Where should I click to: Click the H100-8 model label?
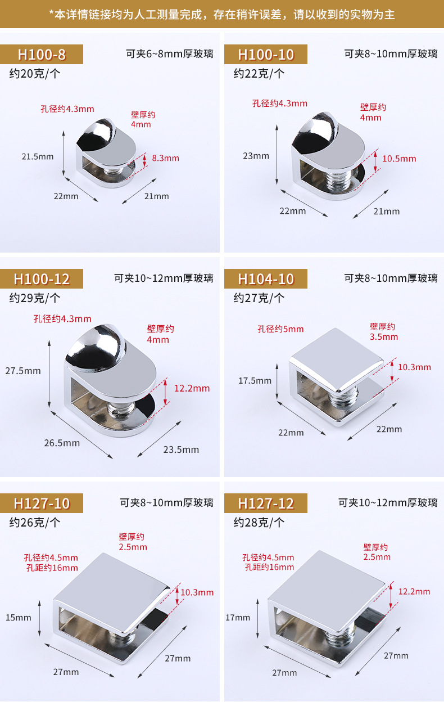[x=42, y=55]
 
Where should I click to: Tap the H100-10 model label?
[x=266, y=55]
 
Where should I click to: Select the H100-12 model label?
[x=42, y=279]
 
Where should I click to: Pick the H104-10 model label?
[x=266, y=279]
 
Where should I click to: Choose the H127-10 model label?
[x=42, y=503]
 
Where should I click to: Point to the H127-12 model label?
[x=266, y=503]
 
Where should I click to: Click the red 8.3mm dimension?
[x=165, y=158]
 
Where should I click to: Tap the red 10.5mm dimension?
[x=399, y=159]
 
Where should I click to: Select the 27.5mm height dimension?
[x=23, y=371]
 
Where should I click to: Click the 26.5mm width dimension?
[x=62, y=443]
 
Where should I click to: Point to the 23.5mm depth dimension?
[x=181, y=449]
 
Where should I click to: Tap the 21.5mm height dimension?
[x=38, y=156]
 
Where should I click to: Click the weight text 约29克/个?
[x=35, y=298]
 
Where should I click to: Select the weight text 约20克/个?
[x=35, y=73]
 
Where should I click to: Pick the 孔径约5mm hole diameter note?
[x=280, y=329]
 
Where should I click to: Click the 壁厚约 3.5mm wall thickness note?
[x=383, y=331]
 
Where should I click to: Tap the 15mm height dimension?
[x=19, y=618]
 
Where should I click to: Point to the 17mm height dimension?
[x=238, y=618]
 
